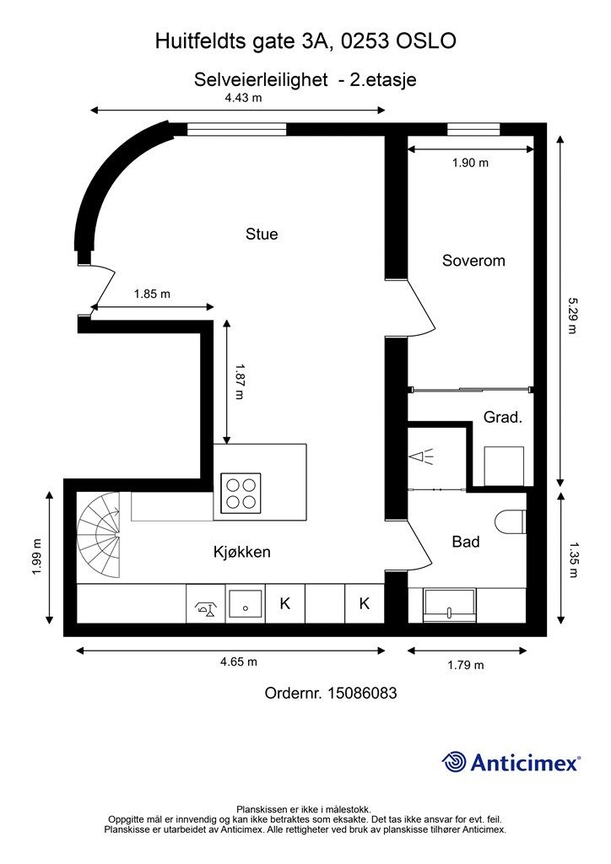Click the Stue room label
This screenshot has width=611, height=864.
(262, 235)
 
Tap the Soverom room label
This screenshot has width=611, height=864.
(473, 261)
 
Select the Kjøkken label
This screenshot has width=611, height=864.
(242, 552)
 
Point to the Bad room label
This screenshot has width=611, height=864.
(466, 542)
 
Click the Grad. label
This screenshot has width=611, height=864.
(502, 417)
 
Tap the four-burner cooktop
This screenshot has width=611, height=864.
(241, 493)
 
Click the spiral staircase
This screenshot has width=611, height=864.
(98, 534)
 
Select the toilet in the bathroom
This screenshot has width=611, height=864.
(511, 521)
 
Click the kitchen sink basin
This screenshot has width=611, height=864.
(246, 603)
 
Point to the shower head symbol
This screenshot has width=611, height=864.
(421, 456)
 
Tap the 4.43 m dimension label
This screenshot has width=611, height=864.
(243, 98)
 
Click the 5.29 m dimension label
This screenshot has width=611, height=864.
(574, 316)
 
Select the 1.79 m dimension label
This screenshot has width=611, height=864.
(466, 665)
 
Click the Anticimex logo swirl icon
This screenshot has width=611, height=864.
(454, 762)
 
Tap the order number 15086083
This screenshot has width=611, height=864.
(362, 693)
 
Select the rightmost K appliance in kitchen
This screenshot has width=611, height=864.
(365, 603)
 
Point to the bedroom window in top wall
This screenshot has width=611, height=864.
(473, 129)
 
